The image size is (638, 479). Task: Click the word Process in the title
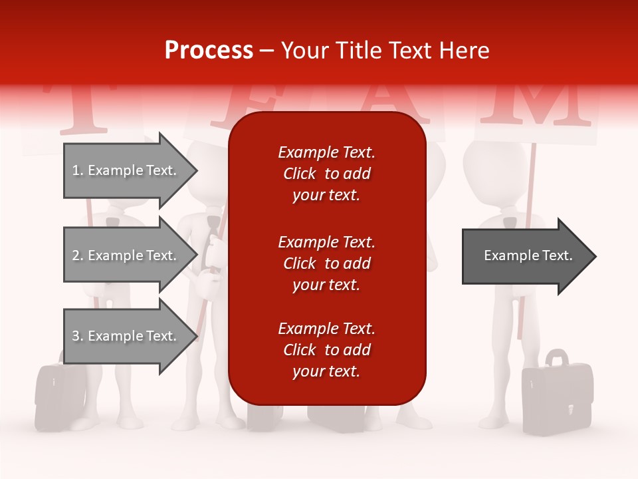(x=209, y=51)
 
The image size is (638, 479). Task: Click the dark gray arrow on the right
(x=528, y=255)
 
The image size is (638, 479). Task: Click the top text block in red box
(x=326, y=174)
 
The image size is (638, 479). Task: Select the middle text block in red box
(x=326, y=263)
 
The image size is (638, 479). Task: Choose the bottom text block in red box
(x=326, y=350)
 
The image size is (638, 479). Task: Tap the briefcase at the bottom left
(x=60, y=396)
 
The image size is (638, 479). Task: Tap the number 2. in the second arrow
(x=78, y=255)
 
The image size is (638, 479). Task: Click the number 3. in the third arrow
(x=78, y=336)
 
